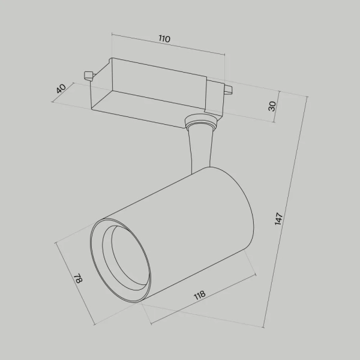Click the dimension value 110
tap(164, 39)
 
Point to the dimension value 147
tap(279, 218)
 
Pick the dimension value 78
tap(77, 278)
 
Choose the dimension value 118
tap(200, 295)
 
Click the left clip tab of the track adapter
tap(88, 75)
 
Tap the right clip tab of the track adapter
tap(228, 90)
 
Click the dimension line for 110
tap(168, 45)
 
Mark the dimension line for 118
tap(204, 302)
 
